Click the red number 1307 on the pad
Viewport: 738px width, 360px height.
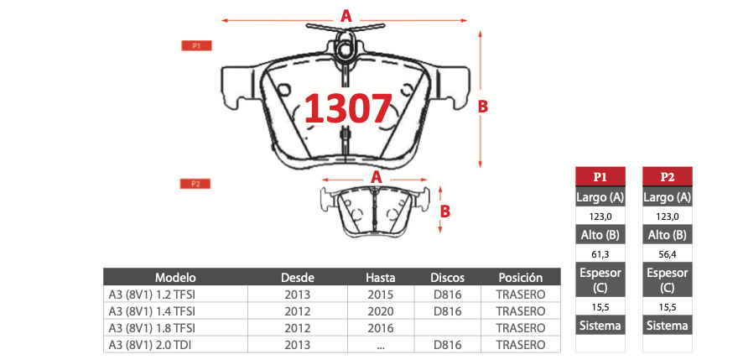click(348, 108)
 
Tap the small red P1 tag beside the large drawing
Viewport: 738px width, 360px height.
click(197, 45)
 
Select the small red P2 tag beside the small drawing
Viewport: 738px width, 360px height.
click(195, 184)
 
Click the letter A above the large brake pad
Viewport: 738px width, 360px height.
click(346, 17)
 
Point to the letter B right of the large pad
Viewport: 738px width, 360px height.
click(483, 107)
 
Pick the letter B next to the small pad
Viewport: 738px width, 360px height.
click(445, 211)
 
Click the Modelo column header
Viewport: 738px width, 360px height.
click(175, 277)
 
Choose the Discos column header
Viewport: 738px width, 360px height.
click(448, 277)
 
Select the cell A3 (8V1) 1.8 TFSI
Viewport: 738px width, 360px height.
click(152, 328)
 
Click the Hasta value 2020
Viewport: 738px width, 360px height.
click(381, 311)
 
